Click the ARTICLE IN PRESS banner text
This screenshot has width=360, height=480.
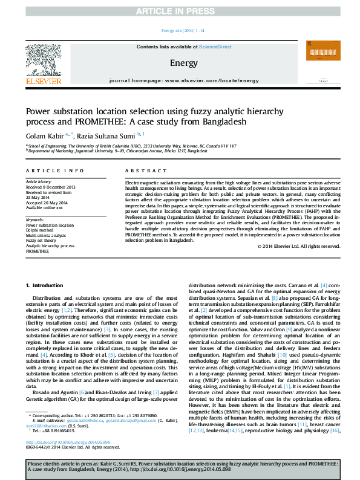180,11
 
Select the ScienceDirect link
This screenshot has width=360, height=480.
215,47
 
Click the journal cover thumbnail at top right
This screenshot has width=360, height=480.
321,59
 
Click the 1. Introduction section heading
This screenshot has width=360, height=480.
46,285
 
